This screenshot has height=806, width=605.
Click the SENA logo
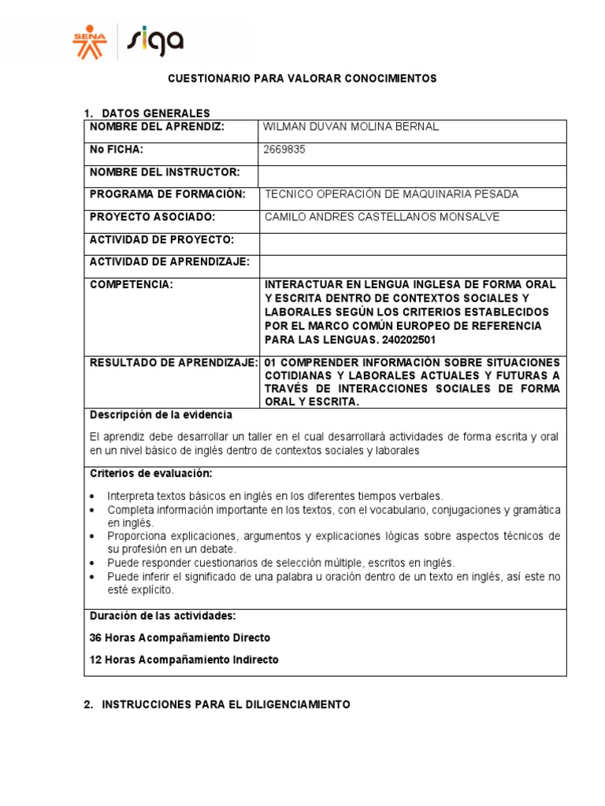(88, 41)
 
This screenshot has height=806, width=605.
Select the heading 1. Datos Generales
(147, 113)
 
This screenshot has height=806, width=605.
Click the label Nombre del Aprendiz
(157, 127)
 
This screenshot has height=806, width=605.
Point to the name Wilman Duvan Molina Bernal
(352, 127)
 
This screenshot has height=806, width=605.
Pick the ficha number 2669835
(284, 150)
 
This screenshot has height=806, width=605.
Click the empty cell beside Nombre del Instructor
(412, 172)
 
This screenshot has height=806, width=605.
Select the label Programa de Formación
(168, 194)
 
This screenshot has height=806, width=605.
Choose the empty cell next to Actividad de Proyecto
(412, 239)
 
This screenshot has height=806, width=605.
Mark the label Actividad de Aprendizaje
(169, 261)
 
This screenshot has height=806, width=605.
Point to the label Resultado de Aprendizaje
(174, 363)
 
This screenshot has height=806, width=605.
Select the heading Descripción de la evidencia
(161, 414)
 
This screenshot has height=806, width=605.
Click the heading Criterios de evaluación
(150, 473)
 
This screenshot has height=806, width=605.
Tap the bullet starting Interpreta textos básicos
(276, 497)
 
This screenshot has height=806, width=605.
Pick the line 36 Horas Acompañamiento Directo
(180, 638)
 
